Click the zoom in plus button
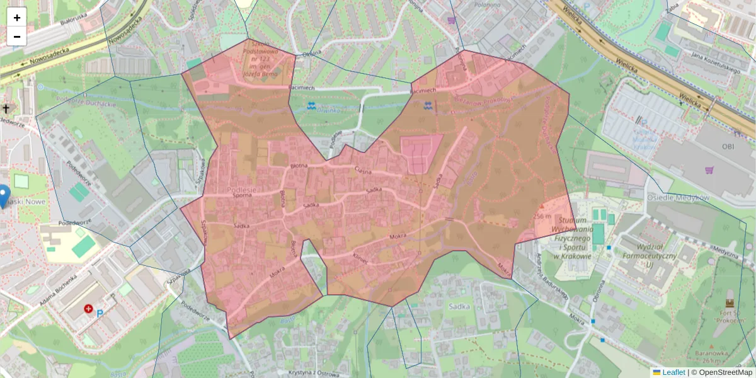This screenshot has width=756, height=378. tap(17, 18)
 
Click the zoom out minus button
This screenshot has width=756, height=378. tap(17, 37)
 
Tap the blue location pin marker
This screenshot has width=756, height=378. tap(3, 195)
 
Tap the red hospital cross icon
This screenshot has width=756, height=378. tap(89, 309)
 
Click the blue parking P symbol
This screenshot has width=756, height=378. tap(100, 312)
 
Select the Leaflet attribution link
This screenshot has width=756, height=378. tap(673, 372)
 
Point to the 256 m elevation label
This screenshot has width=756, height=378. tap(542, 215)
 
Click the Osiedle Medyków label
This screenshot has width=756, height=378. tap(678, 197)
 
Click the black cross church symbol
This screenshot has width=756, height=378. tap(6, 109)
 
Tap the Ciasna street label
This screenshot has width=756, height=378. tap(364, 170)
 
